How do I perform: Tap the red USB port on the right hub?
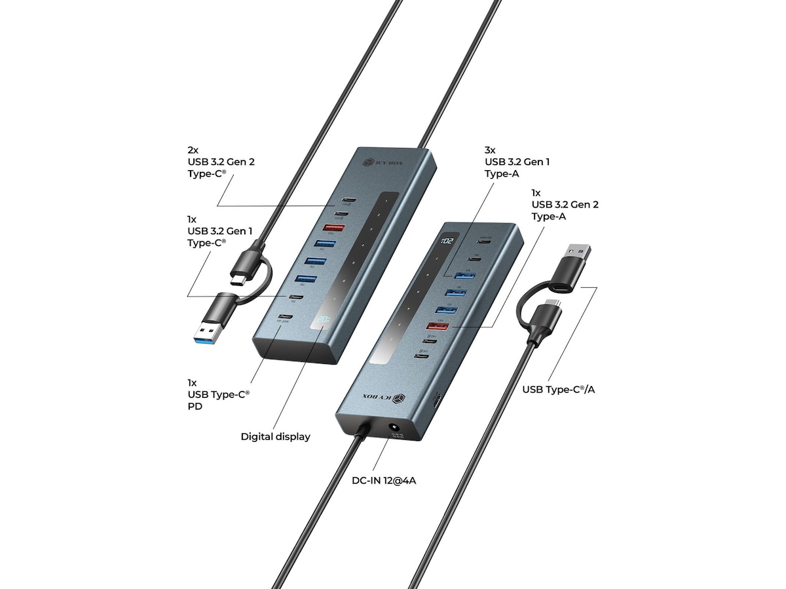438,326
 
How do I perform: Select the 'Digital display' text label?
275,437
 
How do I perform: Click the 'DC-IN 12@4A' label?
384,481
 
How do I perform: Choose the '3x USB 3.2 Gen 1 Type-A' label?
516,162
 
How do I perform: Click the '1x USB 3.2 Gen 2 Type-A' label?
565,204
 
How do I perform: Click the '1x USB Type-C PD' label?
218,394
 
